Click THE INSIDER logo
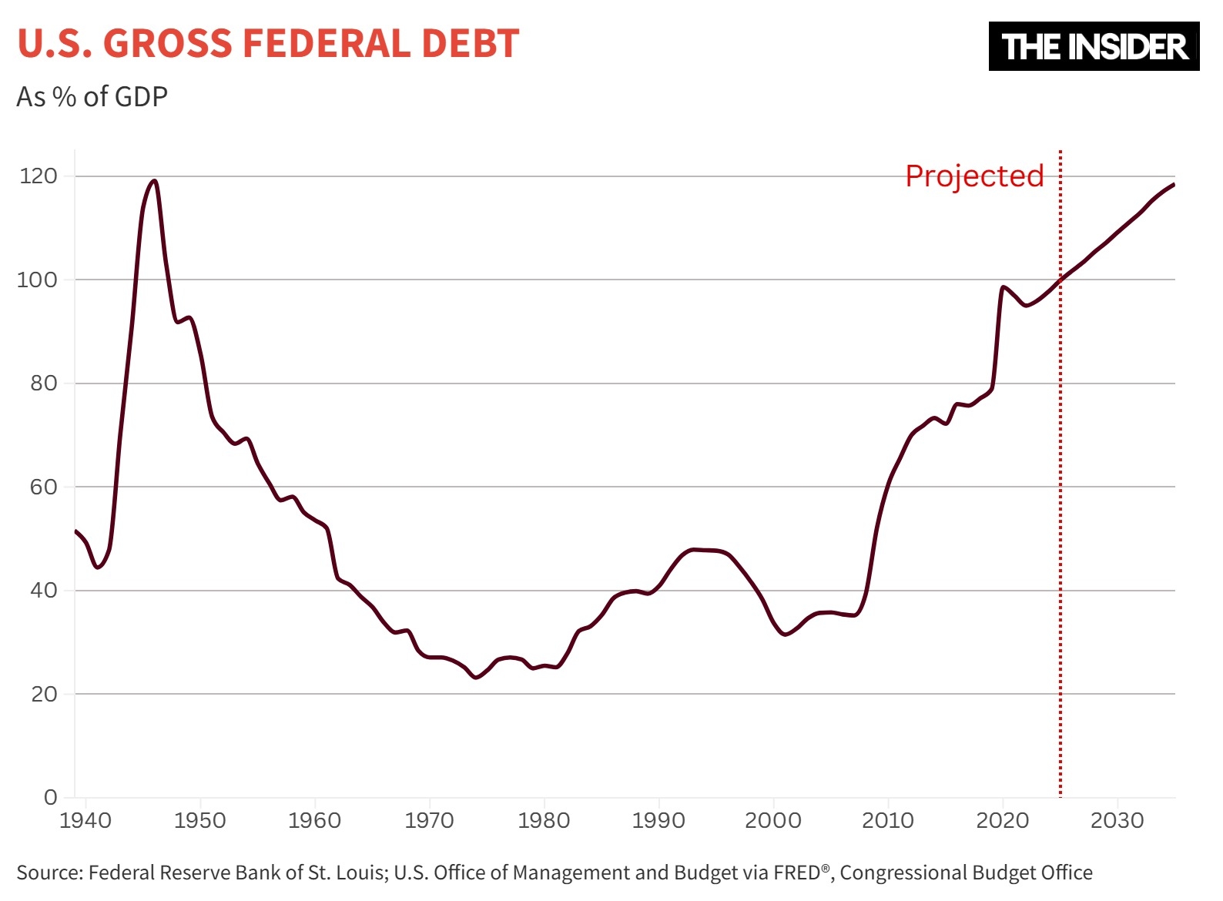coord(1094,47)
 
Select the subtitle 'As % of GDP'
coord(92,97)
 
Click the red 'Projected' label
coord(974,176)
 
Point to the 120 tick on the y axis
coord(39,176)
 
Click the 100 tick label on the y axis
coord(38,280)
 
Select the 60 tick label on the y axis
coord(44,487)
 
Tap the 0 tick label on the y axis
coord(51,797)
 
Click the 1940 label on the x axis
coord(85,821)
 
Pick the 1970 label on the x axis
coord(429,821)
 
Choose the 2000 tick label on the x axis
coord(773,821)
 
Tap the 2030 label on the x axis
coord(1117,821)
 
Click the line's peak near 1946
coord(155,181)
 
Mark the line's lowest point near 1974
coord(476,678)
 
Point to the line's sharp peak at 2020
coord(1003,287)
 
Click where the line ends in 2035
coord(1174,185)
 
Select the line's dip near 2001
coord(785,635)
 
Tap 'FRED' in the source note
coord(798,873)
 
